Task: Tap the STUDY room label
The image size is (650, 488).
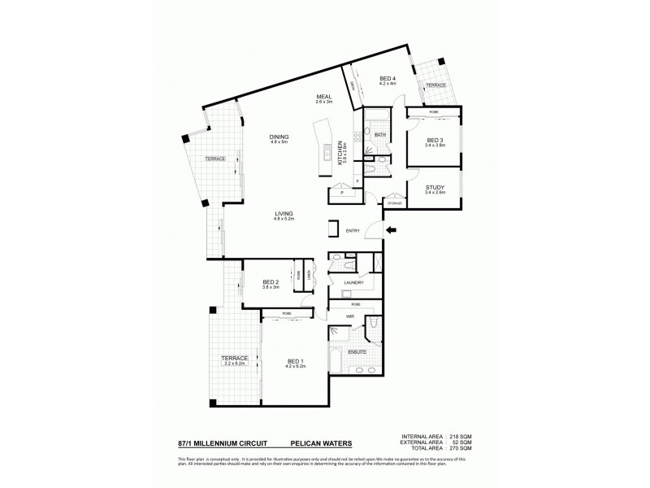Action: (435, 187)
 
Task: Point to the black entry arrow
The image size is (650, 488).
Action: (392, 230)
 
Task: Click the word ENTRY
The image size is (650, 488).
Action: (353, 230)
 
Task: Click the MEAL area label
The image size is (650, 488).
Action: (325, 97)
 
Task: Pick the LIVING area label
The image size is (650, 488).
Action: (284, 213)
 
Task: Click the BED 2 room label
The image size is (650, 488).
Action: (271, 282)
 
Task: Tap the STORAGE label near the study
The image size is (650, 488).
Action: (395, 203)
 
